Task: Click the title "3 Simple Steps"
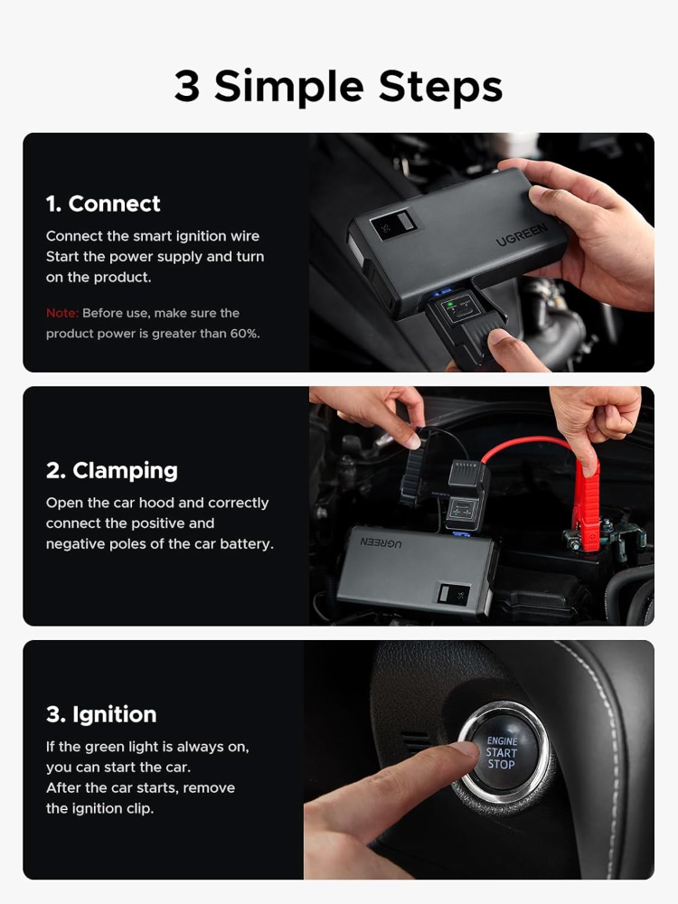[x=338, y=87]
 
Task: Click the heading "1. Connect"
[x=103, y=204]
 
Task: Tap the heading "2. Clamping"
[x=111, y=471]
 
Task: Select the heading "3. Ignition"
[x=101, y=715]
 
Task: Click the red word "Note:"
[x=61, y=314]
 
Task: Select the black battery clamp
[x=413, y=474]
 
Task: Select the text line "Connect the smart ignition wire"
[x=153, y=237]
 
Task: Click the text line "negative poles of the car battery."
[x=159, y=544]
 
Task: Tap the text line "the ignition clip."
[x=99, y=809]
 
